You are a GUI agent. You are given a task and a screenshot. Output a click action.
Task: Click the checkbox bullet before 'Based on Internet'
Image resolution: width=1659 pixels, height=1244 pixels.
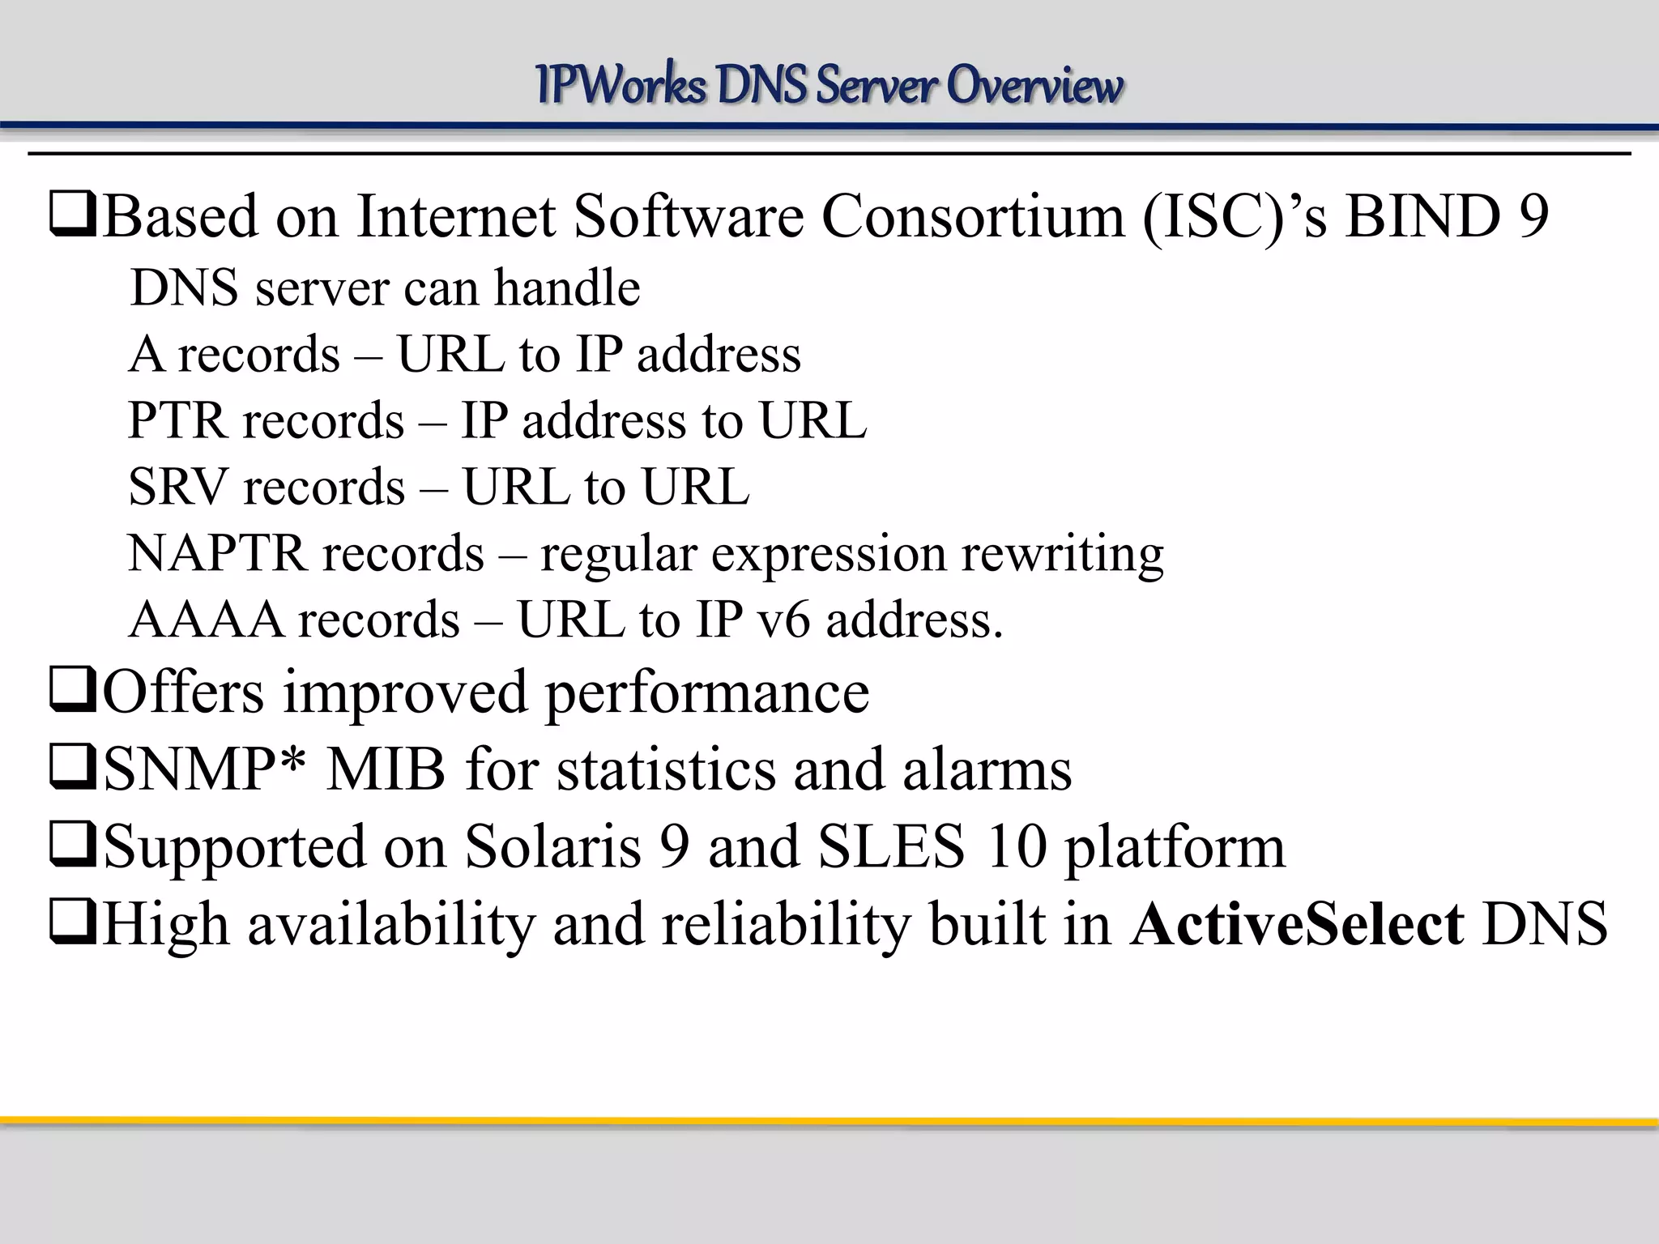tap(73, 217)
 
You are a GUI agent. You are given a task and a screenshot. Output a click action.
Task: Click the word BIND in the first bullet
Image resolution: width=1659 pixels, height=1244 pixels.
tap(1422, 217)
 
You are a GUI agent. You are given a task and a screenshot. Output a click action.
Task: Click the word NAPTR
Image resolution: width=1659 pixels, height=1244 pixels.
tap(217, 554)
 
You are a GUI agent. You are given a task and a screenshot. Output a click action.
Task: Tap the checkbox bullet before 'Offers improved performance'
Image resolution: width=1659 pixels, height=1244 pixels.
tap(73, 693)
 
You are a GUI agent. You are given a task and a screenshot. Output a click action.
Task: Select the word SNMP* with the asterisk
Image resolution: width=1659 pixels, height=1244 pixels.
tap(206, 769)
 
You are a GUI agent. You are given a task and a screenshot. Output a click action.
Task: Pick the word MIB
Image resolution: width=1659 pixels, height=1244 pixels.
tap(386, 769)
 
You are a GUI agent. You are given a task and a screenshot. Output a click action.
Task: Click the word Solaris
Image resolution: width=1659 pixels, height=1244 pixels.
tap(553, 847)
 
